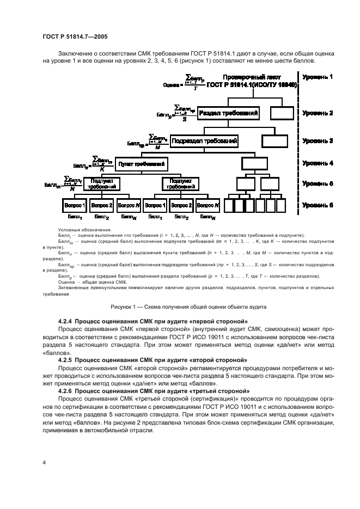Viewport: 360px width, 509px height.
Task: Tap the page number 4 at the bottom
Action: [44, 463]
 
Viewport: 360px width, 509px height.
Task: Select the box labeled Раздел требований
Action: [228, 113]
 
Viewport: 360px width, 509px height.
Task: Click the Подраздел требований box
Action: [204, 141]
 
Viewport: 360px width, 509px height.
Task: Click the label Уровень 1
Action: [318, 77]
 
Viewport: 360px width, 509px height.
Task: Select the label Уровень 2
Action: [318, 113]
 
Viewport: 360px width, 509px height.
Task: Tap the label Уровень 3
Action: [318, 141]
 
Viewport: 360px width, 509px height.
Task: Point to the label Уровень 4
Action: [318, 163]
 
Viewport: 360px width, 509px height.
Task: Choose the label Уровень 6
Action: [318, 205]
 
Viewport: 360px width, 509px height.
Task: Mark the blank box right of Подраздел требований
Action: [275, 141]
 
